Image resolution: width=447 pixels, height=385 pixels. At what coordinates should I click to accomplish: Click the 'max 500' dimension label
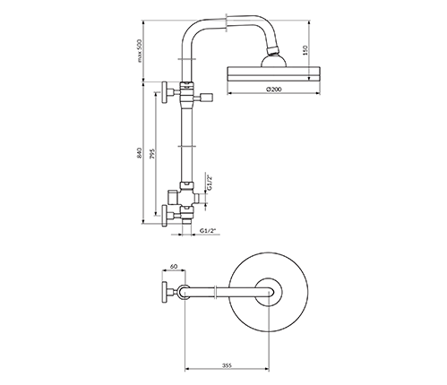(x=141, y=50)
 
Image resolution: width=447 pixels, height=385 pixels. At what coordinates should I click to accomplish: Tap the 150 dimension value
(x=305, y=50)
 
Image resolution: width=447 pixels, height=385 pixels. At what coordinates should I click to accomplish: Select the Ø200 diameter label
(x=274, y=89)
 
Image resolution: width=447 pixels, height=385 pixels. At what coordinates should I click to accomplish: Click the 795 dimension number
(x=151, y=153)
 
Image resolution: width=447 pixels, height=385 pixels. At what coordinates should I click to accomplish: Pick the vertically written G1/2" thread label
(x=210, y=183)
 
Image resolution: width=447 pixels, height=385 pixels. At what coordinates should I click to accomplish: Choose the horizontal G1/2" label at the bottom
(x=208, y=230)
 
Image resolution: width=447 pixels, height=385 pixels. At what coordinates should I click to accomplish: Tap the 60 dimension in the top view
(x=174, y=266)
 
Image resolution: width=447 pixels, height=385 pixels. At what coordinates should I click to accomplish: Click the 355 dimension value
(x=227, y=365)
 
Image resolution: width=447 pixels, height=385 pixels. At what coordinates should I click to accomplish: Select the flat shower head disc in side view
(x=274, y=74)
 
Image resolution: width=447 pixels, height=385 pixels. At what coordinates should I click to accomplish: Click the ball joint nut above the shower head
(x=273, y=50)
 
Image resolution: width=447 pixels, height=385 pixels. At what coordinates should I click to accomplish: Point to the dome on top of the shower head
(x=274, y=61)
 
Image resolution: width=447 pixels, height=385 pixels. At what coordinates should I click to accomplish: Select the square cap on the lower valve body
(x=173, y=195)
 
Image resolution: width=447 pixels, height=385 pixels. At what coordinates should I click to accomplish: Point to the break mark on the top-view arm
(x=216, y=292)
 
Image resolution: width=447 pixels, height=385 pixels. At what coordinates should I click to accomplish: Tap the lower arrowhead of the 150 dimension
(x=308, y=79)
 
